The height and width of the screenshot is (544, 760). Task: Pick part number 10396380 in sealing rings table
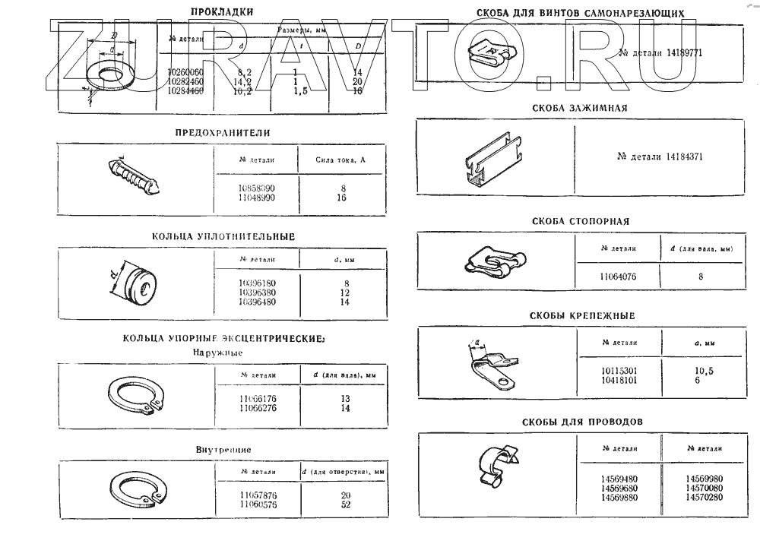click(x=257, y=292)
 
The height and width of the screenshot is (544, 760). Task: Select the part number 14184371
click(x=660, y=157)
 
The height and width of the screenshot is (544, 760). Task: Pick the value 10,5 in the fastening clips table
click(x=704, y=370)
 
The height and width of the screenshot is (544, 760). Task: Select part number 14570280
click(x=704, y=497)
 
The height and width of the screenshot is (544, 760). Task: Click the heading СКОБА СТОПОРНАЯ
click(x=581, y=221)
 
